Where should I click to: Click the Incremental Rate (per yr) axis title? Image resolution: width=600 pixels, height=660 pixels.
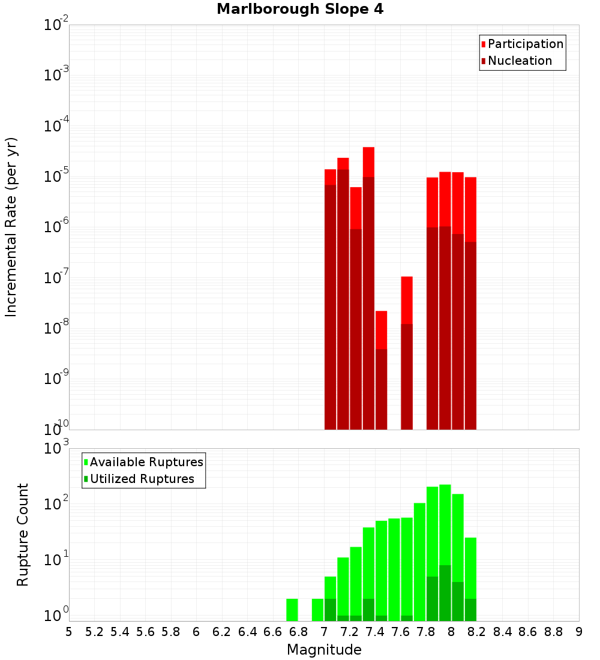pyautogui.click(x=11, y=227)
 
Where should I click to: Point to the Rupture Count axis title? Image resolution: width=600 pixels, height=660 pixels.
pyautogui.click(x=23, y=535)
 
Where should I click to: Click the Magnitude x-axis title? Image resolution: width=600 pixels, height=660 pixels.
pyautogui.click(x=324, y=650)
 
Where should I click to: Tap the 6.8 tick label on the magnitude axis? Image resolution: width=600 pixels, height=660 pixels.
pyautogui.click(x=298, y=632)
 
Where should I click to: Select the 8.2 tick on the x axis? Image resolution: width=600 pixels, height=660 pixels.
pyautogui.click(x=477, y=632)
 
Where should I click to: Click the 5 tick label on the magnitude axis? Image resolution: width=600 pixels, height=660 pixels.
pyautogui.click(x=69, y=632)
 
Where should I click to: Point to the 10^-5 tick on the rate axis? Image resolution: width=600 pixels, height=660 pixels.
pyautogui.click(x=56, y=176)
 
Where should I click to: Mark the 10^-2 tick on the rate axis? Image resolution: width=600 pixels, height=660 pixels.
pyautogui.click(x=56, y=25)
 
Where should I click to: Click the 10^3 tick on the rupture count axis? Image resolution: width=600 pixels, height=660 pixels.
pyautogui.click(x=56, y=448)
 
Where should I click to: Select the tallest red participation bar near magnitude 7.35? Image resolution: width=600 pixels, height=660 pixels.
pyautogui.click(x=368, y=162)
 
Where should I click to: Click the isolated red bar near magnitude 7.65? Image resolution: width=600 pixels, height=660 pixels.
pyautogui.click(x=407, y=300)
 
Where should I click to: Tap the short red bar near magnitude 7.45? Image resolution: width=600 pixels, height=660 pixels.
pyautogui.click(x=381, y=330)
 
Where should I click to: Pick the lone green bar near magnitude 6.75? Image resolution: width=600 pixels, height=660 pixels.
pyautogui.click(x=292, y=610)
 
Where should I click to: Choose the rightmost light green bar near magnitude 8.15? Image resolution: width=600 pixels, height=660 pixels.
pyautogui.click(x=470, y=568)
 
